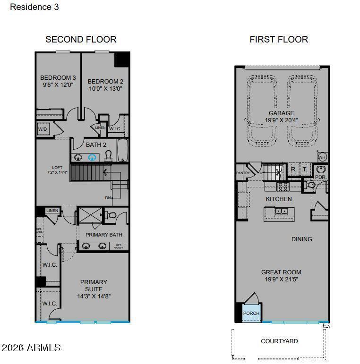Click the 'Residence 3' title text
pyautogui.click(x=34, y=7)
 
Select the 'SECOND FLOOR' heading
pyautogui.click(x=81, y=40)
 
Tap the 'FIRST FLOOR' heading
pyautogui.click(x=279, y=40)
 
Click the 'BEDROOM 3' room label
pyautogui.click(x=58, y=78)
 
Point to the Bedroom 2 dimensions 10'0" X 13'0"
pyautogui.click(x=105, y=88)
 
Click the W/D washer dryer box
pyautogui.click(x=43, y=129)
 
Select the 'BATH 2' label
pyautogui.click(x=96, y=144)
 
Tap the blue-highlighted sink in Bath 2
pyautogui.click(x=93, y=158)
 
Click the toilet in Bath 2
pyautogui.click(x=108, y=156)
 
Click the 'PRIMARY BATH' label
pyautogui.click(x=104, y=235)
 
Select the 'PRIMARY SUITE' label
pyautogui.click(x=94, y=286)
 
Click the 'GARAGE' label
pyautogui.click(x=281, y=113)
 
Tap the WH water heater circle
pyautogui.click(x=322, y=157)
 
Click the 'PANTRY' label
pyautogui.click(x=242, y=173)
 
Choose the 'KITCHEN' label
pyautogui.click(x=279, y=199)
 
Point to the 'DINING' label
pyautogui.click(x=301, y=239)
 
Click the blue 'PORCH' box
pyautogui.click(x=251, y=313)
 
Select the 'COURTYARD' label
pyautogui.click(x=279, y=341)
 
